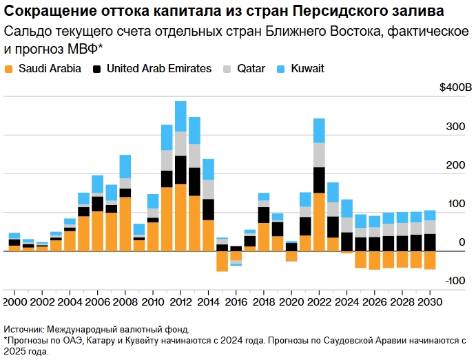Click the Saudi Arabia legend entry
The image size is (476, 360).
coord(43,68)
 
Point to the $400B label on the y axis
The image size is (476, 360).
coord(456,88)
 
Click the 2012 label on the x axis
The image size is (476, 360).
coord(180,301)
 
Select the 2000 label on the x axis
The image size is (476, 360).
coord(14,301)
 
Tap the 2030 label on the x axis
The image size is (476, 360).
coord(430,301)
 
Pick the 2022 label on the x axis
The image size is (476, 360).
coord(319,301)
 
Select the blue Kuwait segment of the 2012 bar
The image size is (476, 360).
coord(180,116)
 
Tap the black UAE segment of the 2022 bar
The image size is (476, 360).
coord(319,180)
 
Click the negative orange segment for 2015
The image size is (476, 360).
coord(222,261)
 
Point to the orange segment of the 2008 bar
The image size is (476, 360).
coord(125,224)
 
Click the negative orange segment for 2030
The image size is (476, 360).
coord(430,260)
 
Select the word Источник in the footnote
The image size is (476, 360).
coord(25,330)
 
